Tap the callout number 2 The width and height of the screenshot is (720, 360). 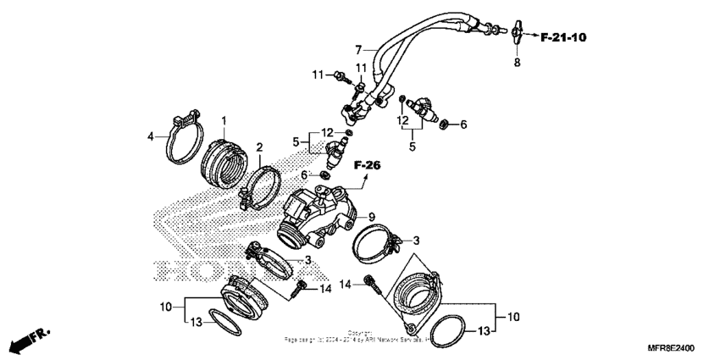point(260,147)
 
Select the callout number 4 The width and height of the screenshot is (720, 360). point(151,136)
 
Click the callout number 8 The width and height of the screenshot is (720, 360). point(516,63)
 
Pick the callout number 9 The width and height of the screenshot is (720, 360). point(371,217)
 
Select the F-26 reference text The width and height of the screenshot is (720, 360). point(366,164)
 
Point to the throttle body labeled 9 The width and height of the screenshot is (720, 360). point(321,212)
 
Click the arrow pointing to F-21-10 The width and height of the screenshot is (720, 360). point(530,36)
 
